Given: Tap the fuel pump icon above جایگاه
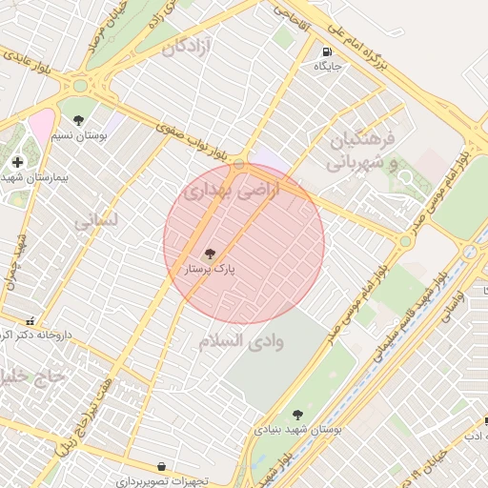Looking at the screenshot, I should click(327, 52).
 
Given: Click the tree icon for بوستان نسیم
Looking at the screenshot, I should click(78, 120).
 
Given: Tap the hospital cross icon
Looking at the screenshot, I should click(18, 162).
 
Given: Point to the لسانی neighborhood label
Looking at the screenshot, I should click(97, 220).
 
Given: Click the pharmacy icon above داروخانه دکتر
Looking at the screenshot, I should click(31, 321).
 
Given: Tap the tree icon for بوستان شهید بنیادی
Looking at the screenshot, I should click(297, 415).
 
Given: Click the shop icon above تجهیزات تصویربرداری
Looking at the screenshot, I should click(160, 466).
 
